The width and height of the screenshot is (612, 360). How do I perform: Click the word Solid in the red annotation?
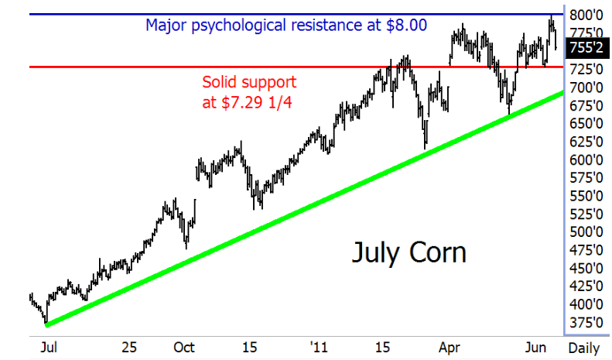[221, 82]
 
